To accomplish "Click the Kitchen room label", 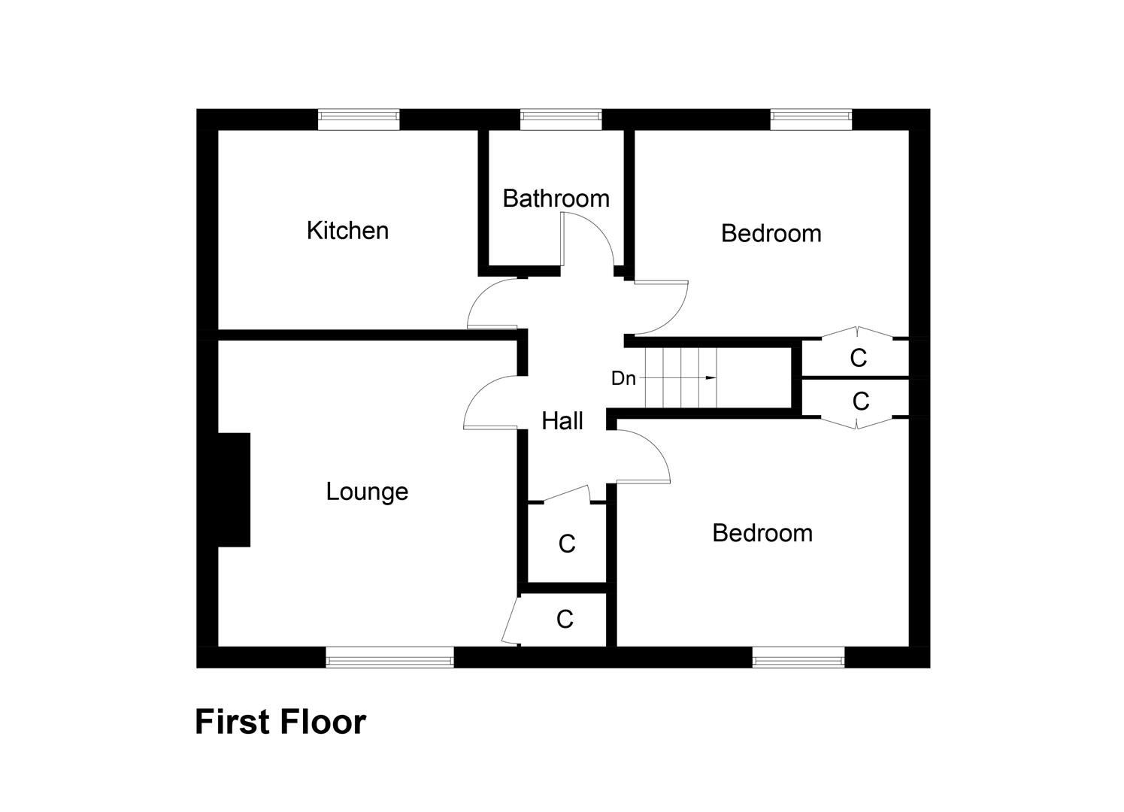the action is coord(347,230).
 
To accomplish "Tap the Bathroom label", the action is coord(556,198).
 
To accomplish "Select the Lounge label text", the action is coord(367,492).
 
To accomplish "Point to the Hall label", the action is coord(562,421).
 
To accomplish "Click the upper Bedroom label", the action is coord(771,233).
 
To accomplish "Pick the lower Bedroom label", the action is coord(762,533).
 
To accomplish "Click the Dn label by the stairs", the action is coord(623,379).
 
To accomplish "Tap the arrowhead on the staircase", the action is coord(710,377).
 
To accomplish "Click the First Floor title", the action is coord(280,722).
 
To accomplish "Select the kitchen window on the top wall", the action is coord(359,115).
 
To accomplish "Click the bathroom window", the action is coord(561,115).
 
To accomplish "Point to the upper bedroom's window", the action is coord(811,115).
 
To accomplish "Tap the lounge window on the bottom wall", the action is coord(389,660).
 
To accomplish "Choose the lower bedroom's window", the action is coord(798,660).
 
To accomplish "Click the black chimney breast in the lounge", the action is coord(234,489).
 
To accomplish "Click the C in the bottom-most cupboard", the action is coord(565,620).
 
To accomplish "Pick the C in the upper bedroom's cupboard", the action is coord(858,359).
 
